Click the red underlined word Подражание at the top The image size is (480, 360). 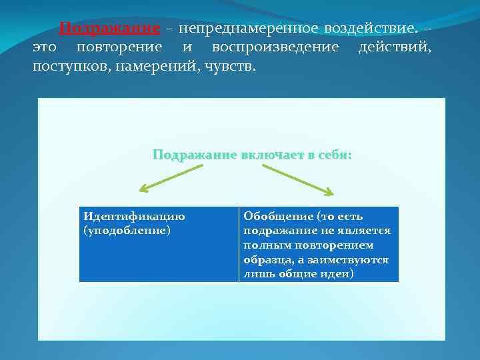tap(109, 29)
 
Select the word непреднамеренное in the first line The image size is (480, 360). tap(244, 29)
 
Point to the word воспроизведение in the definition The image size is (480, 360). tap(275, 48)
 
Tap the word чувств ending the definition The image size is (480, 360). tap(221, 67)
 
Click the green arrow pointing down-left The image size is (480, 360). tap(170, 177)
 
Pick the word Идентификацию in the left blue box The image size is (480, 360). tap(134, 216)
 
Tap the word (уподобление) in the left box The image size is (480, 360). tap(127, 230)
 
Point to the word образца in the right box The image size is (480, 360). tap(266, 260)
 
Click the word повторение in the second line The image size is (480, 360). tap(119, 48)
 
